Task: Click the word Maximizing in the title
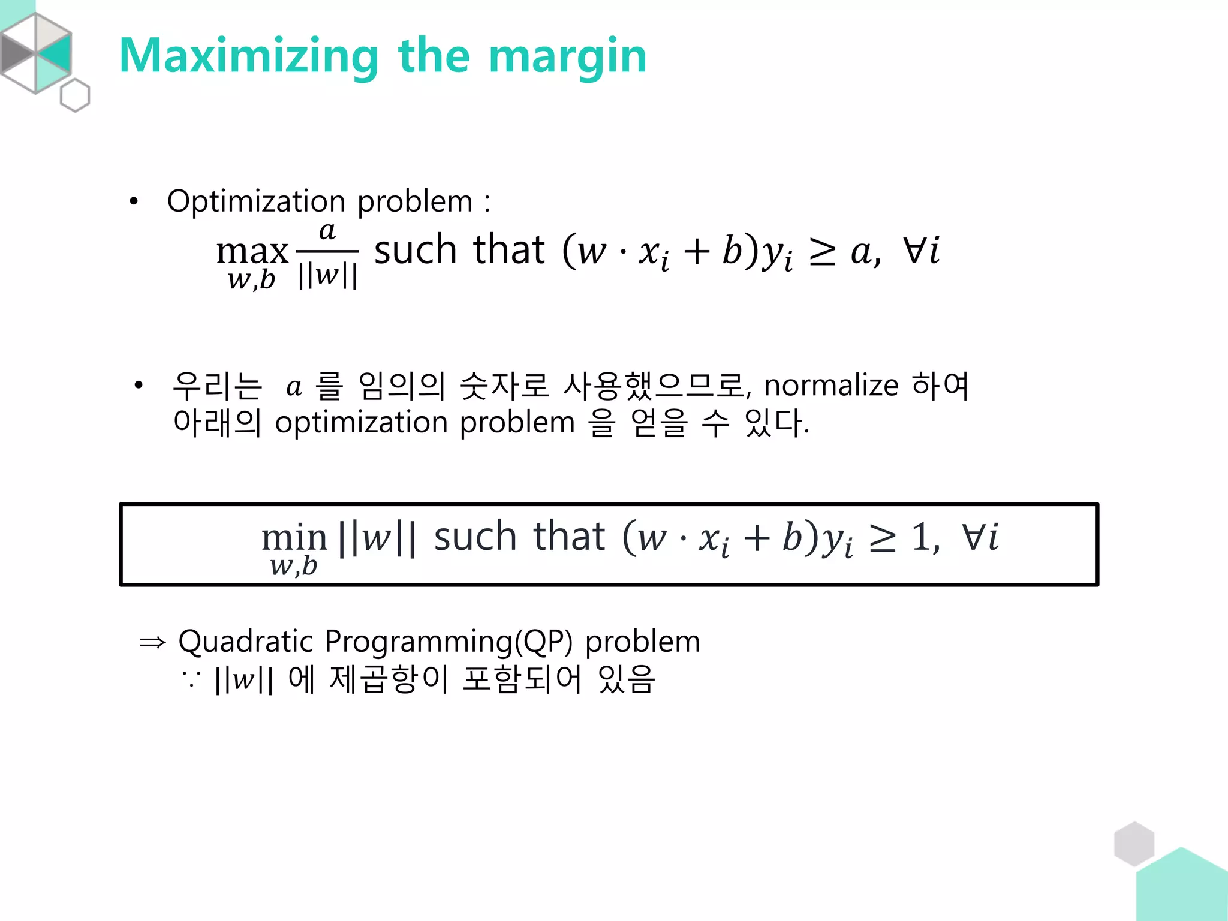(x=248, y=56)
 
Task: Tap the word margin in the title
(x=567, y=56)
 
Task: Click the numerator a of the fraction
(x=327, y=231)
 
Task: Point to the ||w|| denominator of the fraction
(x=327, y=275)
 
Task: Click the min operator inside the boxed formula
(x=294, y=538)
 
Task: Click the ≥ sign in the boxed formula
(x=883, y=538)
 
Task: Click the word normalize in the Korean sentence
(x=831, y=385)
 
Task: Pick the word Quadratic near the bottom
(x=246, y=642)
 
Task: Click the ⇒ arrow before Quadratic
(x=152, y=643)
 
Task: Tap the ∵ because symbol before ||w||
(x=191, y=679)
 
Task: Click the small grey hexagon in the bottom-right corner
(x=1134, y=844)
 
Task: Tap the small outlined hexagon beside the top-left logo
(x=75, y=95)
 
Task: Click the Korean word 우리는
(x=217, y=386)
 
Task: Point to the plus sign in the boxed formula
(x=756, y=537)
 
